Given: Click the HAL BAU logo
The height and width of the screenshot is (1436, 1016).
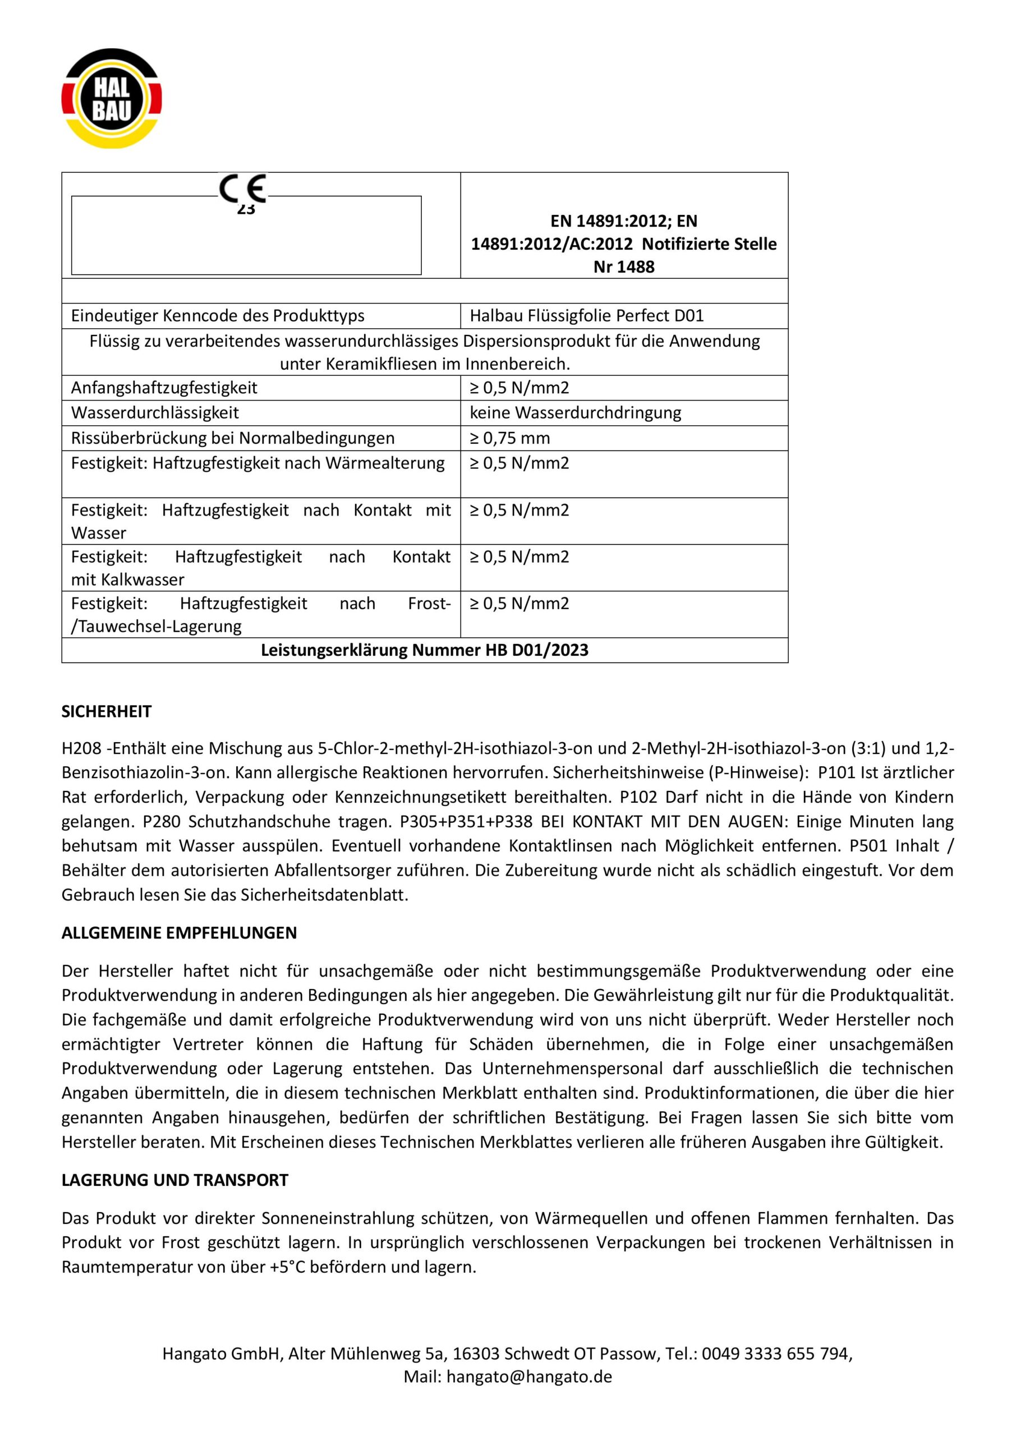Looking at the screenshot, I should tap(112, 99).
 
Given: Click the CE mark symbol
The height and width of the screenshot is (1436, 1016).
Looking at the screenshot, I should tap(243, 188).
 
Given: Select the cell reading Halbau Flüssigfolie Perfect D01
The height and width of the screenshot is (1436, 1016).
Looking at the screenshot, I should tap(586, 316).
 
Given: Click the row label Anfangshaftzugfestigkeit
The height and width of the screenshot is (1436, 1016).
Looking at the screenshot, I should tap(164, 388).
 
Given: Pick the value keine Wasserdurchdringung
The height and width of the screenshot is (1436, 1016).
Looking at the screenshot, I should tap(575, 413).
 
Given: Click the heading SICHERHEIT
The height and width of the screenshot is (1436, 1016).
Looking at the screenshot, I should tap(107, 712).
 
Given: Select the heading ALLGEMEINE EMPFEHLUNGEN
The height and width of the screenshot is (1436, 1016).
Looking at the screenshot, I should tap(179, 933).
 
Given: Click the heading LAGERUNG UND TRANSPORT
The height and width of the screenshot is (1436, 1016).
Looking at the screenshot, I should tap(174, 1180).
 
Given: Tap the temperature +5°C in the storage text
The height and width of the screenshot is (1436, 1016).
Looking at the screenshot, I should tap(288, 1267).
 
